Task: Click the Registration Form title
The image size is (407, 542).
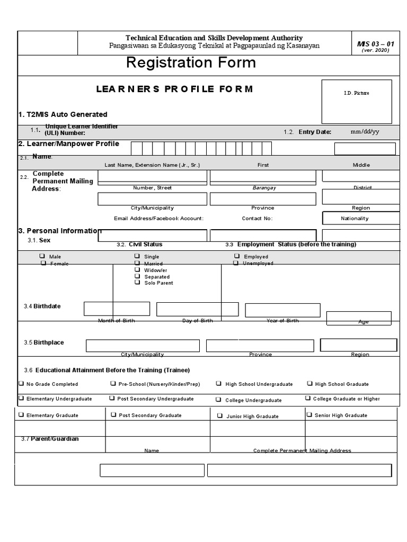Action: tap(191, 63)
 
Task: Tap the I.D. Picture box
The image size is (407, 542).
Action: tap(356, 101)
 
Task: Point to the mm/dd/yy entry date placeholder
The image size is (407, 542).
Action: tap(365, 132)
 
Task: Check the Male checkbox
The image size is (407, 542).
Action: tap(42, 256)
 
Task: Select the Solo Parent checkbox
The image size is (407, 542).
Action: tap(137, 283)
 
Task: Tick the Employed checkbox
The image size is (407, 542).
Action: tap(236, 256)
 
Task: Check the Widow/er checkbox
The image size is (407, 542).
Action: tap(137, 269)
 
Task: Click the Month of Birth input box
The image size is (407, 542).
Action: tap(117, 309)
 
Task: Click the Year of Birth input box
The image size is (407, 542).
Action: tap(282, 310)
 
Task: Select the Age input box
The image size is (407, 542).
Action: tap(359, 318)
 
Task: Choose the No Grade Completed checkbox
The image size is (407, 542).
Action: tap(21, 384)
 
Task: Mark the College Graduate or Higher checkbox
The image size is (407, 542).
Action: tap(308, 398)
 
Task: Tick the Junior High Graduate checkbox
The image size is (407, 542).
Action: tap(219, 416)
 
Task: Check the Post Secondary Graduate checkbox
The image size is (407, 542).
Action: tap(113, 415)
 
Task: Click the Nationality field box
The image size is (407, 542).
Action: tap(360, 218)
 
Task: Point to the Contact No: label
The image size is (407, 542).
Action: tap(257, 218)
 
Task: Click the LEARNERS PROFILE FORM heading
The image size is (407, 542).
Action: tap(174, 89)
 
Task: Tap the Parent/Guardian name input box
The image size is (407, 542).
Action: tap(152, 470)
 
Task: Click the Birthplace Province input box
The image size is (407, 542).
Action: tap(261, 346)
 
